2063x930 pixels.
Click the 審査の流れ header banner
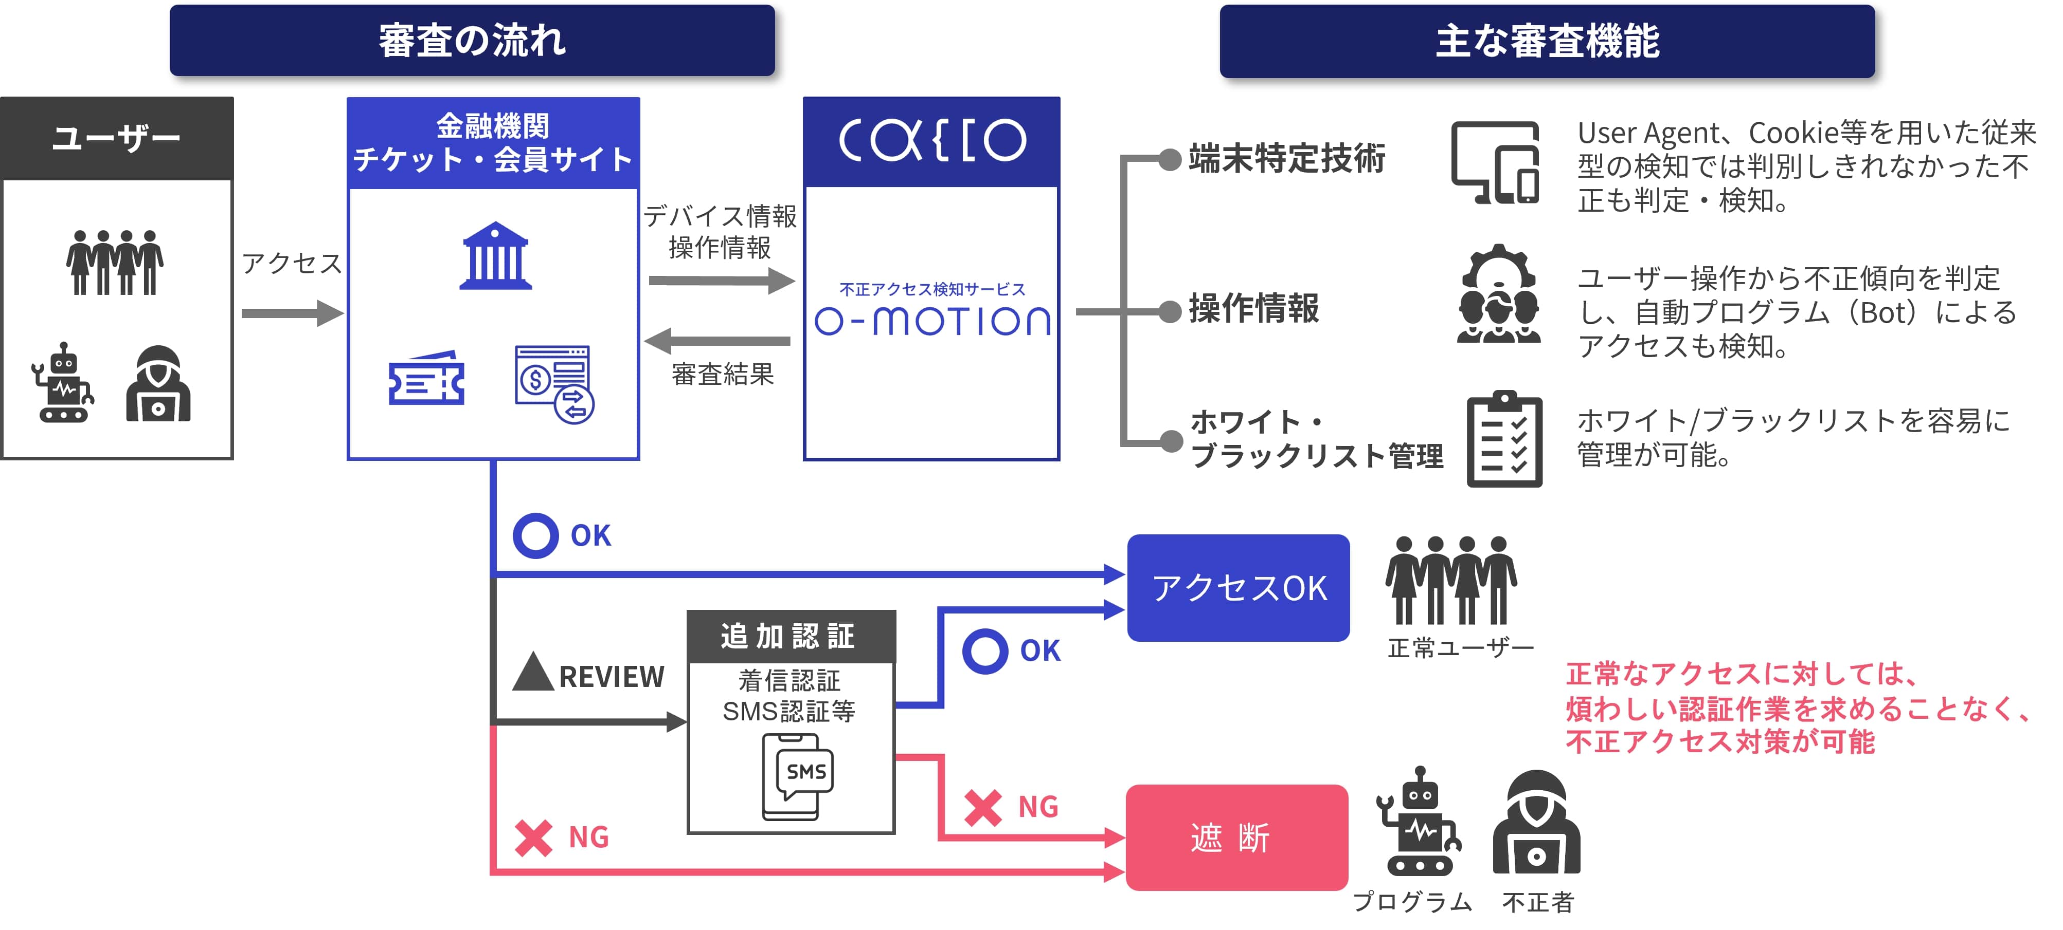[472, 41]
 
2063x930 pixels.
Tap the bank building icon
[495, 255]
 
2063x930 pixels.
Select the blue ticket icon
[426, 379]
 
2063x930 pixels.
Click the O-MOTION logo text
[932, 321]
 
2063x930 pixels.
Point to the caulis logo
[932, 141]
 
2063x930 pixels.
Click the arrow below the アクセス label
[292, 313]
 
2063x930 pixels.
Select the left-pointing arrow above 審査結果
[717, 341]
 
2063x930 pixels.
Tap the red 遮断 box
[1236, 837]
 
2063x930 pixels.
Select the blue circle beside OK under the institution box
[535, 535]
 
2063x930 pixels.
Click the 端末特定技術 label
[1286, 158]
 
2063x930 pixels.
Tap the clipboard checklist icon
[1504, 439]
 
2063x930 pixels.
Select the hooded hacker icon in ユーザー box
[158, 384]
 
